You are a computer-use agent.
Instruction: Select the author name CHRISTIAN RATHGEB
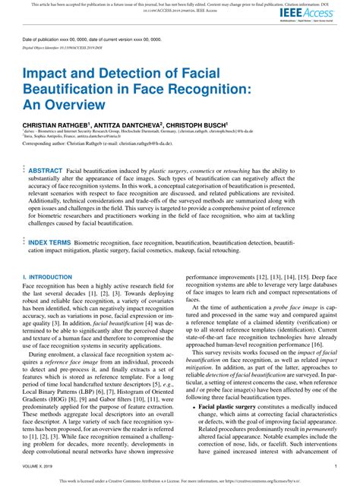pyautogui.click(x=58, y=123)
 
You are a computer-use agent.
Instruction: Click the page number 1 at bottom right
pyautogui.click(x=335, y=465)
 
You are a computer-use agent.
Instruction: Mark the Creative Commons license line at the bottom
pyautogui.click(x=180, y=480)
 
